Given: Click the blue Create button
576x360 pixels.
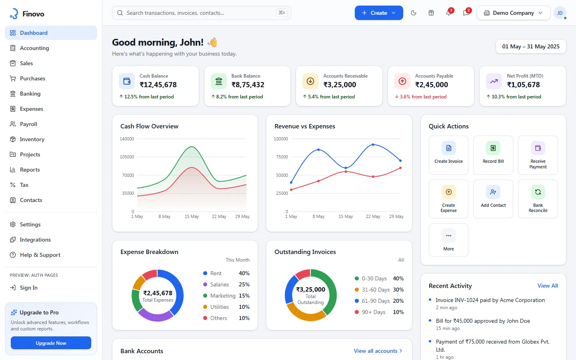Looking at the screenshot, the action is tap(379, 13).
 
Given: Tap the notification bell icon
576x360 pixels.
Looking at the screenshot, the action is tap(449, 13).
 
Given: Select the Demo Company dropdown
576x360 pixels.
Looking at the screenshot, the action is tap(513, 13).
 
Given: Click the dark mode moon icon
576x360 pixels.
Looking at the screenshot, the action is tap(414, 13).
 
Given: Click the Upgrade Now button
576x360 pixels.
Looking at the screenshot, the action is tap(51, 343).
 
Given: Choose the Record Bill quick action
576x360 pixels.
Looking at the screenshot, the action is tap(493, 155).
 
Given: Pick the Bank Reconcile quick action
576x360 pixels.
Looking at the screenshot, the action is tap(538, 199).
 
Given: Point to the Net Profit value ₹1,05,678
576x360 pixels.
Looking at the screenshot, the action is tap(523, 85).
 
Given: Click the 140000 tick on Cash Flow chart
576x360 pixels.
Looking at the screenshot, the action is tap(127, 139).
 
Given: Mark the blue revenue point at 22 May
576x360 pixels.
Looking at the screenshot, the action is tap(373, 145).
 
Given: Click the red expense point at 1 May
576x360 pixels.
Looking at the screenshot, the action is tap(291, 190).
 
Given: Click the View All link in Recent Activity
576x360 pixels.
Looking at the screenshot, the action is tap(548, 286).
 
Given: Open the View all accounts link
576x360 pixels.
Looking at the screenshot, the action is tap(378, 351).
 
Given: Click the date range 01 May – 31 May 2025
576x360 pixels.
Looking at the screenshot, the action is tap(531, 46).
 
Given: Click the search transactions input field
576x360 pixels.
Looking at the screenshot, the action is tap(201, 13).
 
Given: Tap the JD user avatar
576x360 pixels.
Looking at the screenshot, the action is tap(560, 13).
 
